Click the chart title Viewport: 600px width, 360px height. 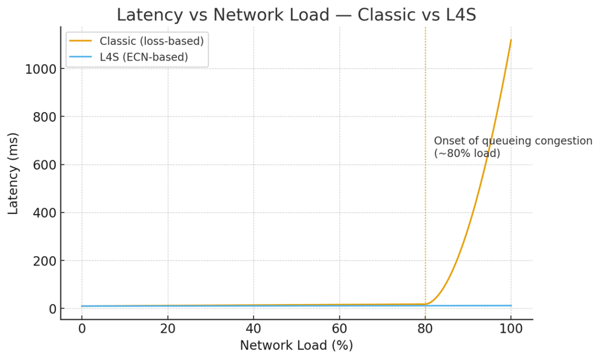tap(296, 14)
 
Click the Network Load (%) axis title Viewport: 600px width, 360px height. tap(296, 345)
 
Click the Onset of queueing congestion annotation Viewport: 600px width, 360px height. tap(512, 147)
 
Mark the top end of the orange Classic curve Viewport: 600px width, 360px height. tap(511, 40)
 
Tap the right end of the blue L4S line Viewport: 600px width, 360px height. tap(511, 305)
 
